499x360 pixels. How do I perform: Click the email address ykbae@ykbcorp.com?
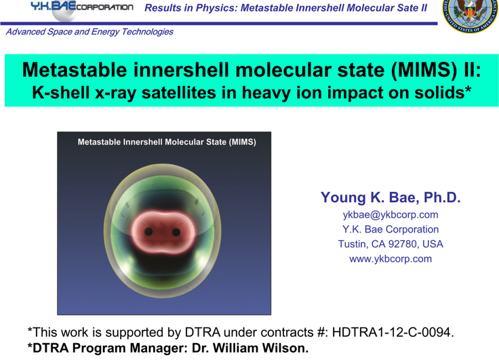(390, 215)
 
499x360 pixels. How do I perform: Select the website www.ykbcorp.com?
(390, 258)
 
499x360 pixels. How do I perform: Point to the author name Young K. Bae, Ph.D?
(390, 197)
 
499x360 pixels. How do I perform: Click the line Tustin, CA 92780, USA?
(390, 244)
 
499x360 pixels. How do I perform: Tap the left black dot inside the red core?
(148, 232)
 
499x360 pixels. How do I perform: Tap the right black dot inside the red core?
(176, 232)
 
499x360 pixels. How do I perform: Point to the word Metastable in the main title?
(73, 70)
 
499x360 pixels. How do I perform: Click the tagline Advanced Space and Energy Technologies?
(89, 31)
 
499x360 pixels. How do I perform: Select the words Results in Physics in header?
(187, 7)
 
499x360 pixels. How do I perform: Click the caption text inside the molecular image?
(166, 142)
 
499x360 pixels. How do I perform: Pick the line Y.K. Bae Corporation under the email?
(390, 229)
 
